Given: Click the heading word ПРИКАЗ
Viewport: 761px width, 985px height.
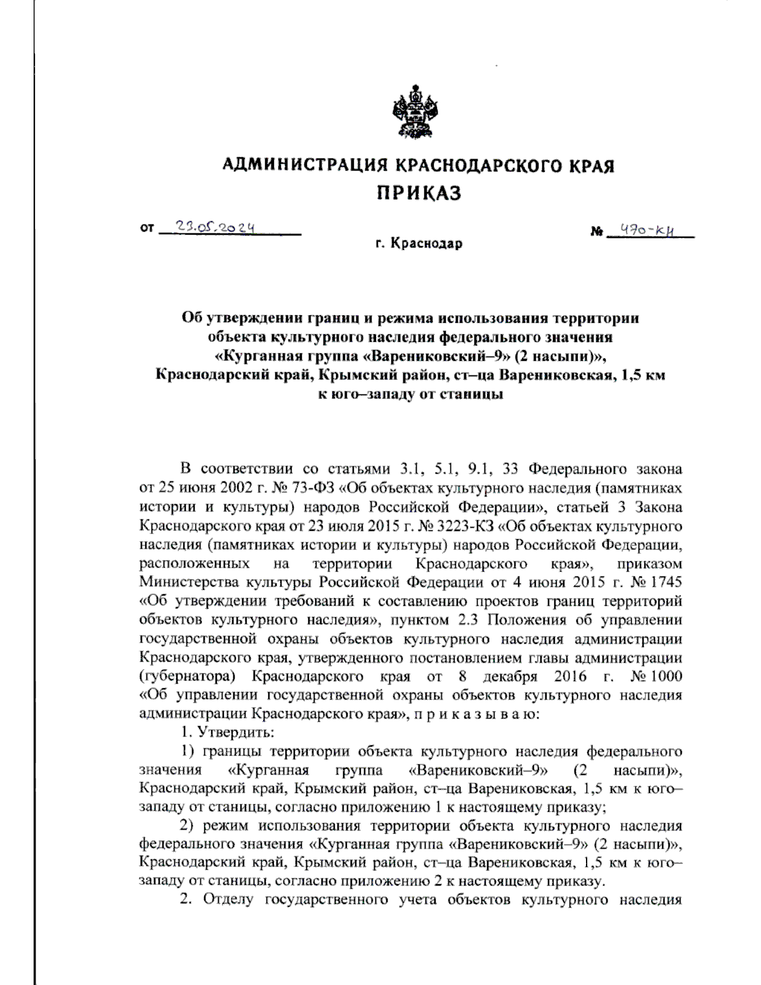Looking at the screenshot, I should coord(419,193).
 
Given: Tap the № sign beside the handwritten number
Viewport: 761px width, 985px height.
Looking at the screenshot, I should coord(596,233).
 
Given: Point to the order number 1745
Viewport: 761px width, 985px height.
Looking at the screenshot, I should coord(665,582).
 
